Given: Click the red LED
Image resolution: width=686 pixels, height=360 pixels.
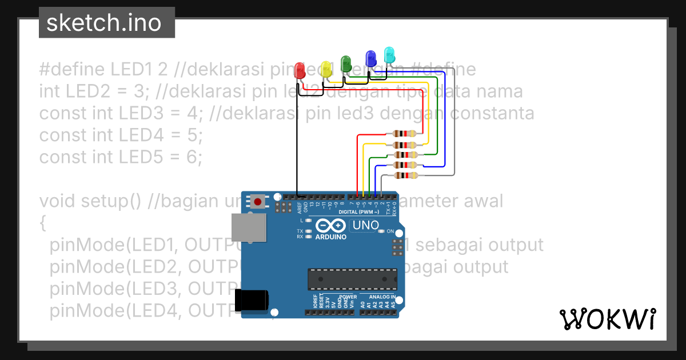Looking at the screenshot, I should point(299,71).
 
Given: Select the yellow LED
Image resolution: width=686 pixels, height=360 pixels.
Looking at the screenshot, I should point(326,69).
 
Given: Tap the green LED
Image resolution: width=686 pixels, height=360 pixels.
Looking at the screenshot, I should point(346,63).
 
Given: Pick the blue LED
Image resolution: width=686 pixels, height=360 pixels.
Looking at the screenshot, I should point(370,58).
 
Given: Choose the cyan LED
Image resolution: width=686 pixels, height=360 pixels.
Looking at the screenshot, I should point(389,55).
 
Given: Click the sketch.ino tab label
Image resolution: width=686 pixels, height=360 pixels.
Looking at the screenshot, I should point(103,23).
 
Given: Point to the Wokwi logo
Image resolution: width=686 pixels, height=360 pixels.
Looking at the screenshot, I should point(607,319).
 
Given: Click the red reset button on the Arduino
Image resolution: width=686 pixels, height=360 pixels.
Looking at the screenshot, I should point(258,201).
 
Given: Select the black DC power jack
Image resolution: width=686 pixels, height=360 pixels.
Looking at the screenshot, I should point(252,301).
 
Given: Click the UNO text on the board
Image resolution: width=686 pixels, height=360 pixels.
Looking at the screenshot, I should point(365,225).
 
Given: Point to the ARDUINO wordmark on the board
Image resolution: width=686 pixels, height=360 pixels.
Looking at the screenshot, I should point(331,236).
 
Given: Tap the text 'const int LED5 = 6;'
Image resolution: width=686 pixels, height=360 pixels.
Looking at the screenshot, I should point(121,157).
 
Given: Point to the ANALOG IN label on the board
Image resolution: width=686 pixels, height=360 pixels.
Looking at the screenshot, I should point(382,297).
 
